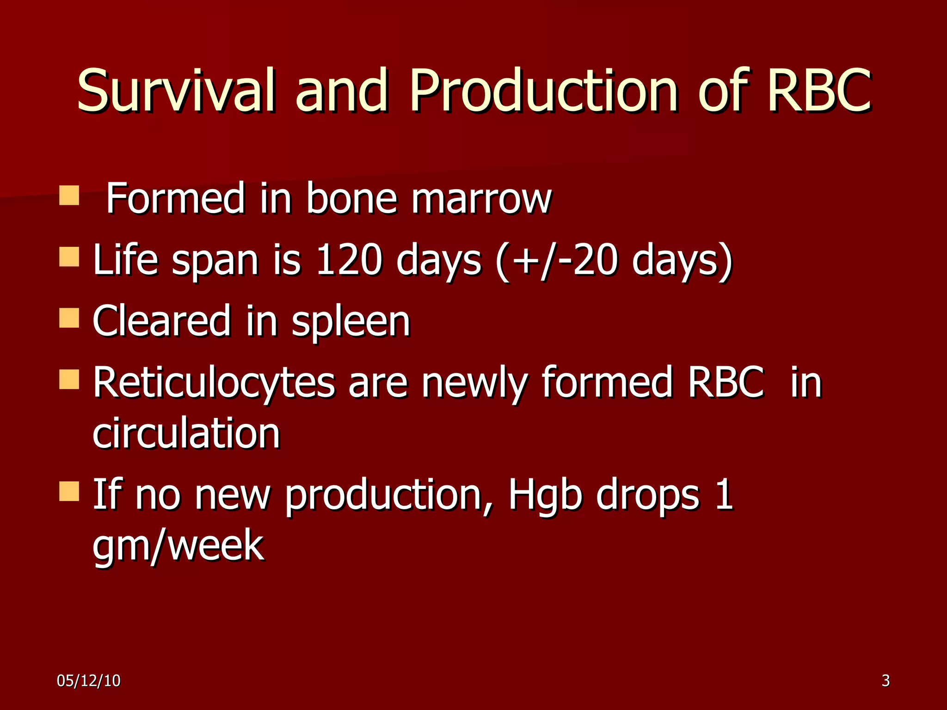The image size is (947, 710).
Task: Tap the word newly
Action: tap(474, 383)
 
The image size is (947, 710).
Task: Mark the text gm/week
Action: tap(178, 545)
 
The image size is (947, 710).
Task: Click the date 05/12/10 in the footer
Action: tap(88, 680)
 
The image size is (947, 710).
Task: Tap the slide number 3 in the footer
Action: tap(885, 680)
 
